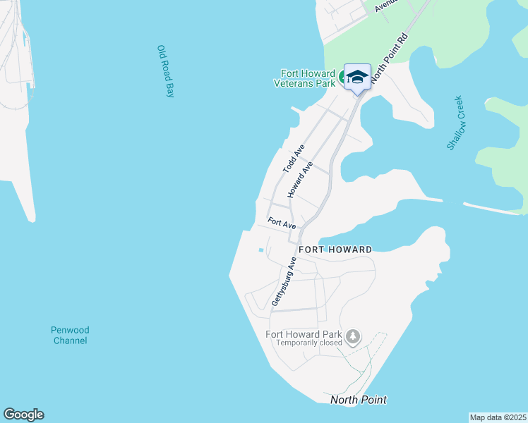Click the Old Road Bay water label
(165, 71)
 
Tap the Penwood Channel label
(70, 335)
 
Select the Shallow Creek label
(456, 123)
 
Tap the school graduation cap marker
(357, 77)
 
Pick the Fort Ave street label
(282, 223)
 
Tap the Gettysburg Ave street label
(284, 281)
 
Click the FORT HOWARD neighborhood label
(335, 250)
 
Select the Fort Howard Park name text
(304, 334)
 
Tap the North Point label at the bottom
(359, 400)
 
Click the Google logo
(23, 415)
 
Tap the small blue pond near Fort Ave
(261, 250)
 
